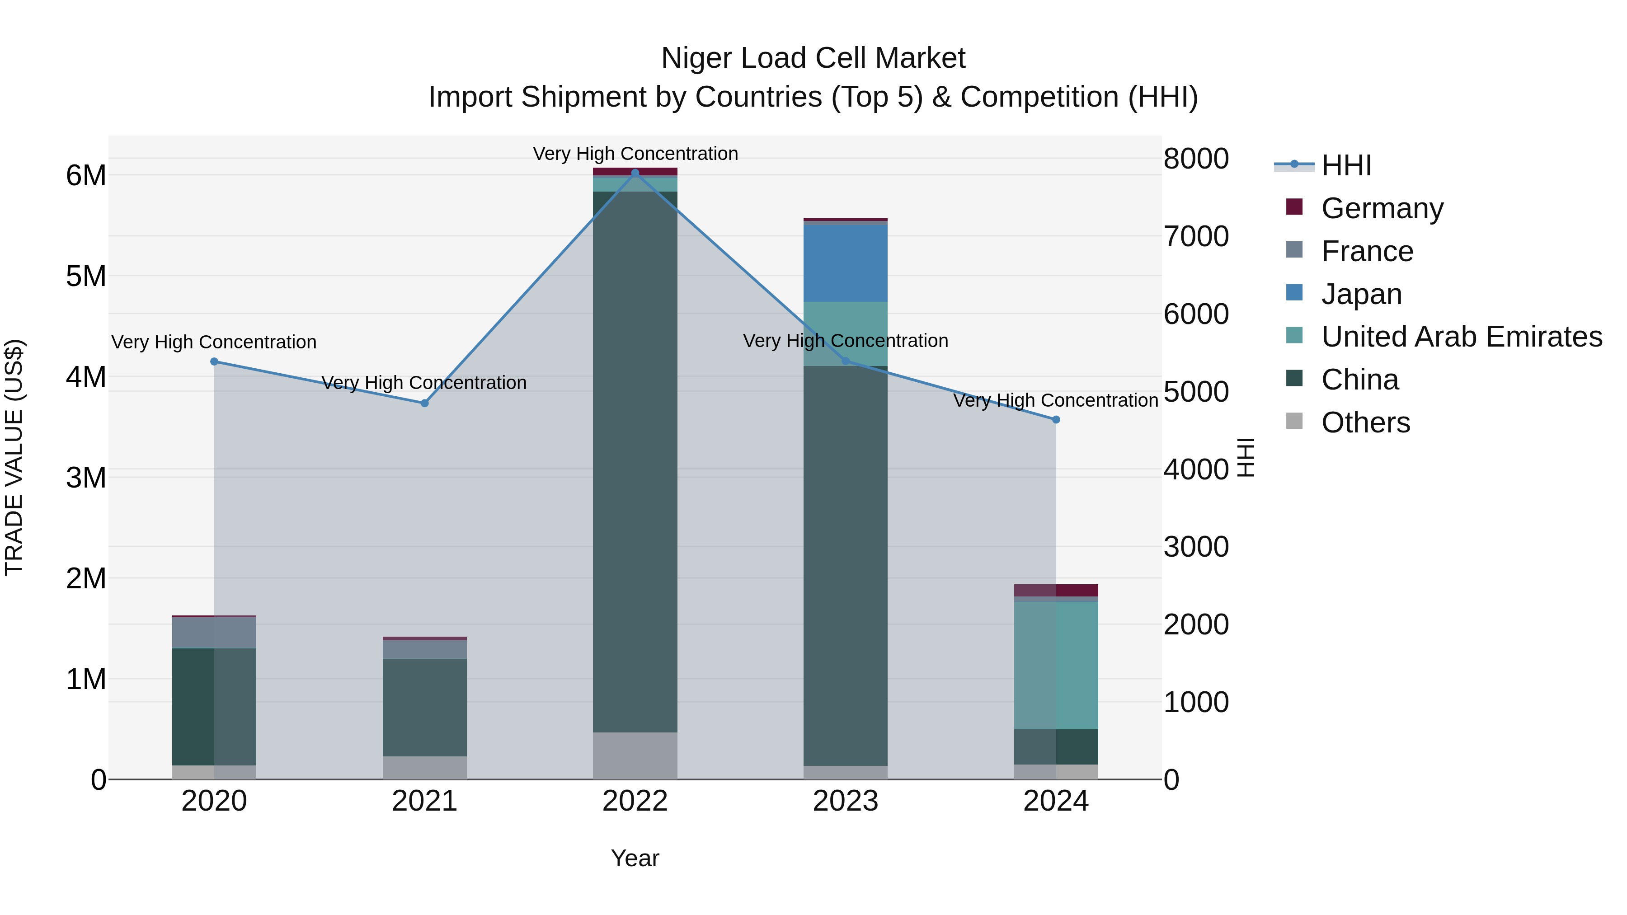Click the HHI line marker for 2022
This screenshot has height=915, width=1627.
635,173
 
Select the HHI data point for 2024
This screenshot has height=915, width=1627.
1056,420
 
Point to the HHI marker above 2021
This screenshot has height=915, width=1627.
424,404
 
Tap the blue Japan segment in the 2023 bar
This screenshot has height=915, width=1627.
845,263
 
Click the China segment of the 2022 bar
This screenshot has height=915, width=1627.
635,461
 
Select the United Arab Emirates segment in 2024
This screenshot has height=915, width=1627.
1056,666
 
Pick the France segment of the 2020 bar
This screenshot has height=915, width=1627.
214,633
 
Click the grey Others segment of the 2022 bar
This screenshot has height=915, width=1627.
635,756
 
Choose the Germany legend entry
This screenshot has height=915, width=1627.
1382,208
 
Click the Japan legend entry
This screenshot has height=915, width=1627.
1361,294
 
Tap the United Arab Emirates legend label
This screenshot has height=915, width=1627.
1462,337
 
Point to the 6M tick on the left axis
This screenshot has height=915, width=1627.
86,176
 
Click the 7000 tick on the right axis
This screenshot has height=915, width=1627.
1196,237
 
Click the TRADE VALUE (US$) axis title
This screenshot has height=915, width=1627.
14,457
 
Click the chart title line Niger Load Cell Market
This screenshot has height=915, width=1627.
813,58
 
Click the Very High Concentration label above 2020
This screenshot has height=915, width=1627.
214,342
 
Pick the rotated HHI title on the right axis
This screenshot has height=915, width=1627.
1246,457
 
